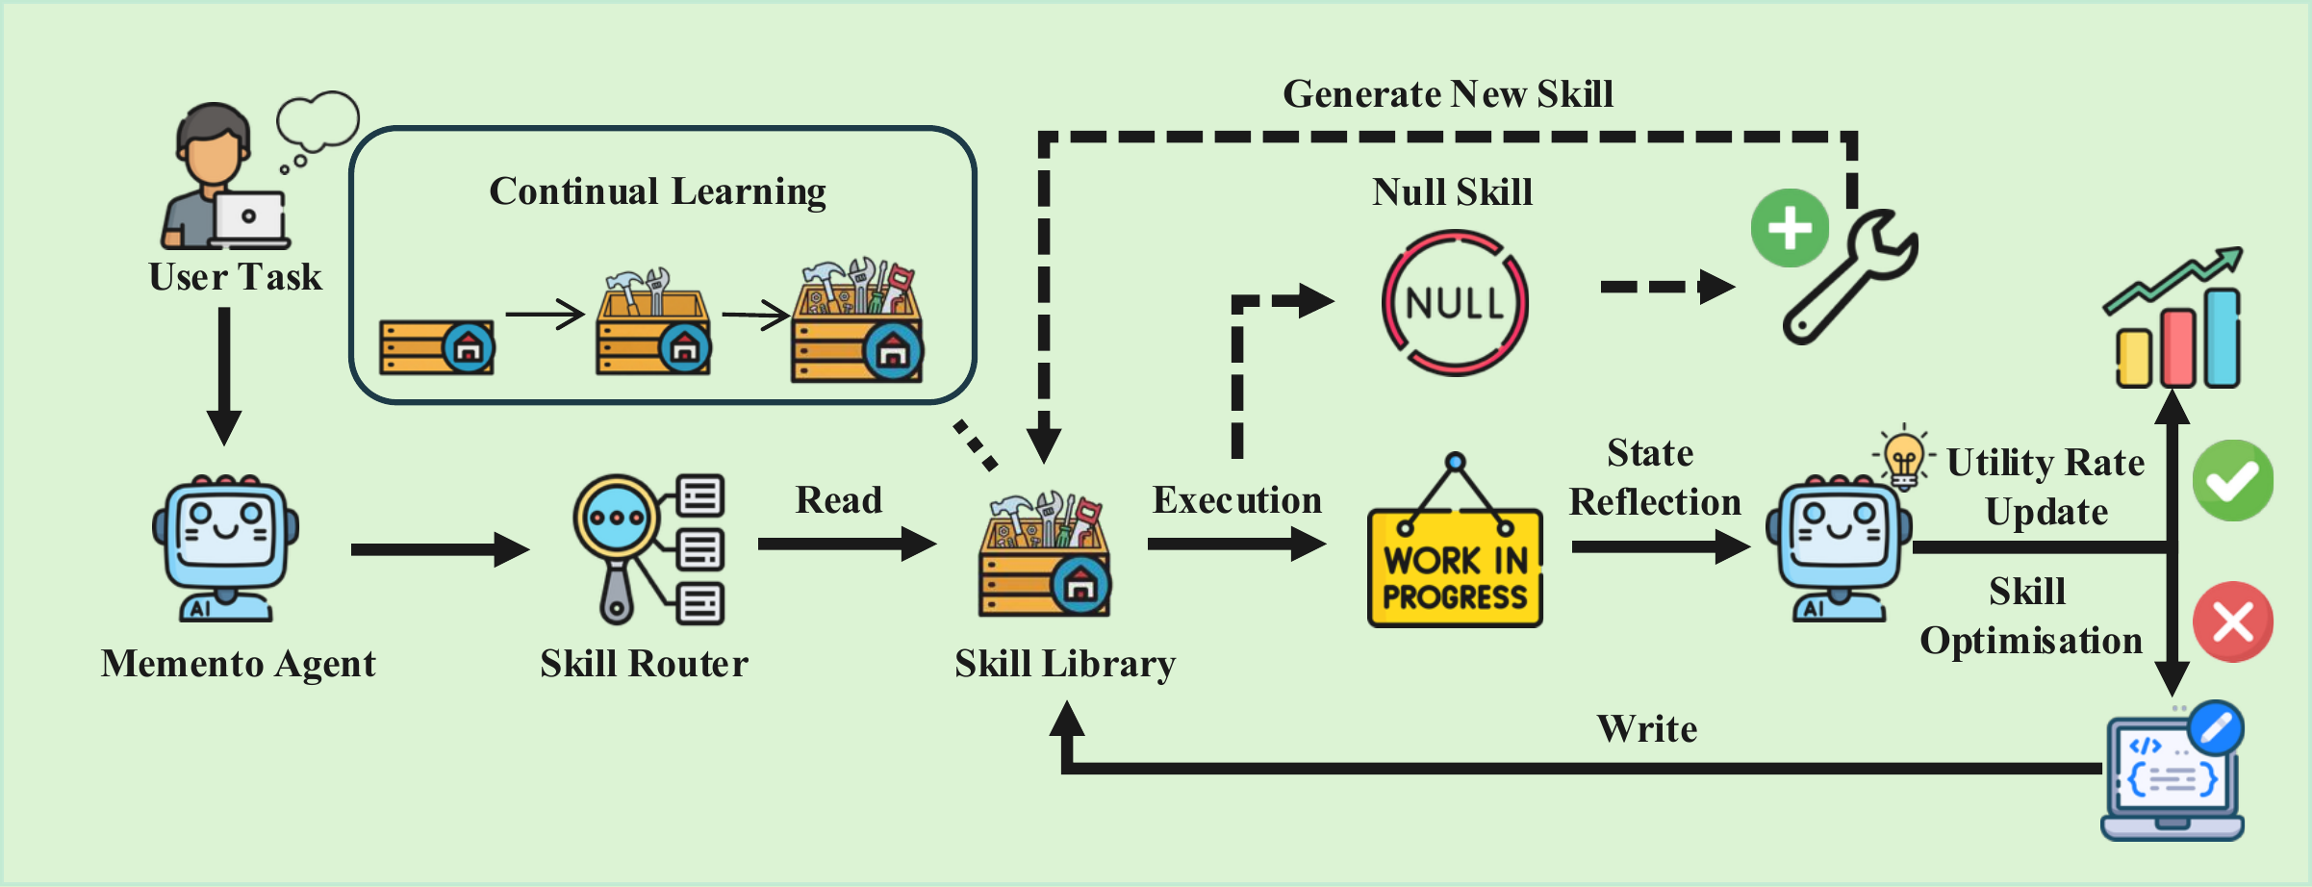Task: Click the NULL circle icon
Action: click(x=1455, y=303)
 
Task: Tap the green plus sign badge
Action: click(x=1790, y=228)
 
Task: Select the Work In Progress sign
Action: click(x=1455, y=568)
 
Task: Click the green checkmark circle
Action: click(x=2232, y=481)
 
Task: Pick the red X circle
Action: click(x=2232, y=621)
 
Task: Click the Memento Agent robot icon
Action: click(x=226, y=548)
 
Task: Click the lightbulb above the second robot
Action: click(x=1903, y=457)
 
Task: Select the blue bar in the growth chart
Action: click(x=2223, y=339)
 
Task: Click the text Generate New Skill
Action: click(x=1448, y=94)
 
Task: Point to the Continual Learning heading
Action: click(x=657, y=191)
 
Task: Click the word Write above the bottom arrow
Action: click(x=1647, y=729)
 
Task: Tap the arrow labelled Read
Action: click(x=847, y=544)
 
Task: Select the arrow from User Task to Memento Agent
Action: click(x=224, y=375)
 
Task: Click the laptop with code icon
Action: click(x=2172, y=774)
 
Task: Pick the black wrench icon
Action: click(x=1847, y=279)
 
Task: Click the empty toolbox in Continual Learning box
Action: click(x=438, y=347)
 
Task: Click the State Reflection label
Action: click(x=1654, y=477)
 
